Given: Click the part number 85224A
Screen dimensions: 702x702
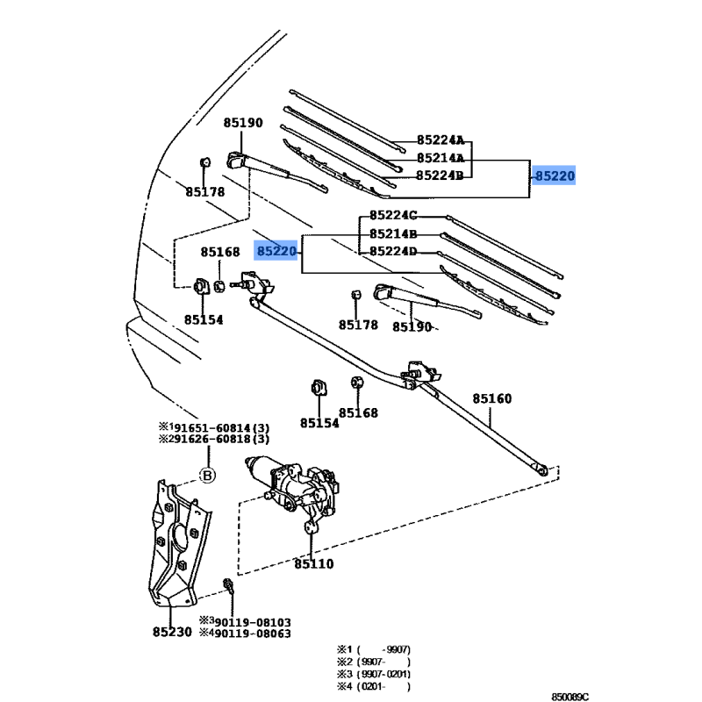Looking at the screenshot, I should point(441,140).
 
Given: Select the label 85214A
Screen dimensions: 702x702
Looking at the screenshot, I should point(441,158).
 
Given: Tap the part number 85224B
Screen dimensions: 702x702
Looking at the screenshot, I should point(441,175).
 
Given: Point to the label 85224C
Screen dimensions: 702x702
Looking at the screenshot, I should point(393,216).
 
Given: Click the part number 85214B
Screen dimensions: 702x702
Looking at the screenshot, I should point(393,234).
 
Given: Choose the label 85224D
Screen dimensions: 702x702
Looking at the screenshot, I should point(393,252).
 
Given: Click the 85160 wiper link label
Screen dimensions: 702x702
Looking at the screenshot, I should point(491,398).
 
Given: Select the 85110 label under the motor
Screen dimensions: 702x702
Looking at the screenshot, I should point(314,564).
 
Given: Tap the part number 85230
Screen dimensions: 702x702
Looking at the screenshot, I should point(172,630).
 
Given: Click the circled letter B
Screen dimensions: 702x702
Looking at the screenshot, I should point(208,476).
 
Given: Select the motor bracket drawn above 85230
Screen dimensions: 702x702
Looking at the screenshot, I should point(178,544).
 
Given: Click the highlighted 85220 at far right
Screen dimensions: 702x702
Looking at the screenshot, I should point(555,175).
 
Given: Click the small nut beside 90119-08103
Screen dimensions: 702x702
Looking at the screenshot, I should point(227,585).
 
